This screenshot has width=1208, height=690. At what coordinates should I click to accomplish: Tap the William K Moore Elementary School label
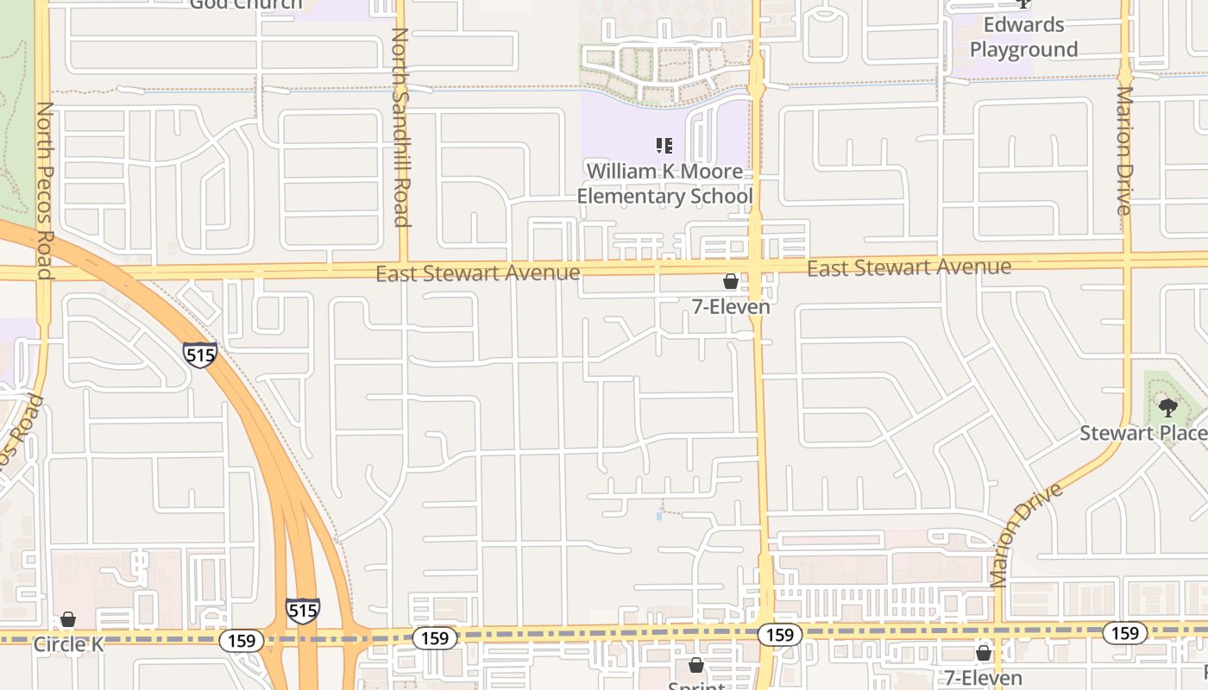(x=664, y=184)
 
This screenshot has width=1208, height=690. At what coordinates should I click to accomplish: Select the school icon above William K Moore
(x=664, y=146)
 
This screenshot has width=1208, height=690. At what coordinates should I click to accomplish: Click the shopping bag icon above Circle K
(x=68, y=620)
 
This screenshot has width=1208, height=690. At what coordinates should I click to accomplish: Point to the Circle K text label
(x=68, y=644)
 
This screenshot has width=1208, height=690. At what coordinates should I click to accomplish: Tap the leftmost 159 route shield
(x=241, y=641)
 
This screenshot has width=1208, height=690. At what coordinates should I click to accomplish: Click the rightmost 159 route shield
(x=1124, y=633)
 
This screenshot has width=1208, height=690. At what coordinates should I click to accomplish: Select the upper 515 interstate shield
(x=199, y=354)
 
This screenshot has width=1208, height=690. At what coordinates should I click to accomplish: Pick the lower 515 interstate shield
(x=303, y=611)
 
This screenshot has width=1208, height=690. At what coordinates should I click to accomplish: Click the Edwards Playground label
(x=1024, y=37)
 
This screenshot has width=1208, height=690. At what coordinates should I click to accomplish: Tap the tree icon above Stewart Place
(x=1168, y=408)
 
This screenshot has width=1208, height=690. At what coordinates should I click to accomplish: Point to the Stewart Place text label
(x=1143, y=433)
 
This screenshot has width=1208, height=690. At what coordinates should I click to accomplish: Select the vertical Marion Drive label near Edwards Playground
(x=1123, y=150)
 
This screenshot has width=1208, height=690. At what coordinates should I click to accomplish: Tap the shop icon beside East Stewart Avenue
(x=730, y=281)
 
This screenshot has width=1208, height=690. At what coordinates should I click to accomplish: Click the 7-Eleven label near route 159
(x=983, y=678)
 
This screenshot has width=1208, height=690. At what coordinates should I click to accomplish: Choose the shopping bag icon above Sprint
(x=696, y=665)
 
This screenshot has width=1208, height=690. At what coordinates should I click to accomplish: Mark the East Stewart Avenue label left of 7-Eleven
(x=478, y=273)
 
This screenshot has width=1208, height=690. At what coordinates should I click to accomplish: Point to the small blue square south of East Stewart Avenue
(x=659, y=516)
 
